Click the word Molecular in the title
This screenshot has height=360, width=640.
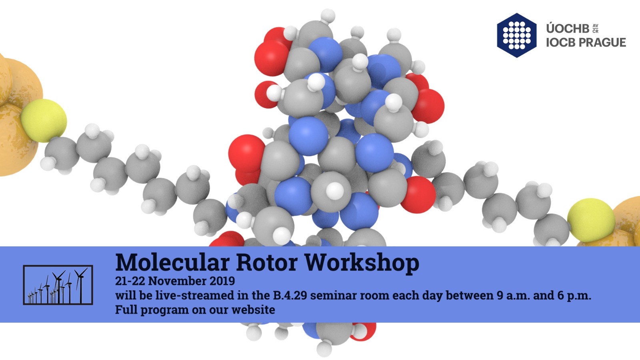click(172, 262)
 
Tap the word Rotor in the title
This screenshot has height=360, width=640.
click(267, 262)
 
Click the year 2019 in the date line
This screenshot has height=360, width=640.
click(222, 281)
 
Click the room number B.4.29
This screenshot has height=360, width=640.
click(290, 295)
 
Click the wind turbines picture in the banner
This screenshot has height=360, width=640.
click(58, 285)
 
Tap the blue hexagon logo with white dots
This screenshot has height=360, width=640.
click(516, 35)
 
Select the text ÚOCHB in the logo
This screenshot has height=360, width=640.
click(568, 28)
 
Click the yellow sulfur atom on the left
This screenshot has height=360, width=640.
click(44, 120)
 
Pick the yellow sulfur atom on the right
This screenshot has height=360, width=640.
click(591, 220)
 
